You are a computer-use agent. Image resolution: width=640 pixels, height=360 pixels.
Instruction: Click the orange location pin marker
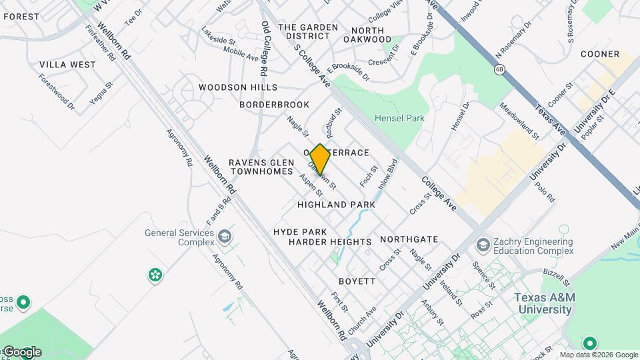320,159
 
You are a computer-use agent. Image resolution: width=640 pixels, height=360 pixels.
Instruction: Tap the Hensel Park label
399,118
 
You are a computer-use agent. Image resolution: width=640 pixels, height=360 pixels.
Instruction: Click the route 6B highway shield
499,69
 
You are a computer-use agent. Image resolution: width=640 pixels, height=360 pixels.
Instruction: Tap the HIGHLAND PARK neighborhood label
336,205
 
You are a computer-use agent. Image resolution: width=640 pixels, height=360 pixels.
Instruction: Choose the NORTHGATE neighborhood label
409,239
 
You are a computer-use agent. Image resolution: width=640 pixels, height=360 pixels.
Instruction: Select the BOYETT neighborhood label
357,281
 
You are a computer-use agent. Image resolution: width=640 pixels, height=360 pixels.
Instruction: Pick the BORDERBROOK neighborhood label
275,105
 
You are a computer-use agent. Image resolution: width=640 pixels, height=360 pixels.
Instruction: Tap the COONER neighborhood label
599,54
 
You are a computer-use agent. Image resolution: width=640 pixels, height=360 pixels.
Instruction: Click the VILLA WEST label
67,65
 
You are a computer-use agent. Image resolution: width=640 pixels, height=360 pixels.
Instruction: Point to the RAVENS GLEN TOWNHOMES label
261,167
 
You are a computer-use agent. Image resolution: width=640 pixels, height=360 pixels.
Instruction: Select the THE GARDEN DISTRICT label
308,33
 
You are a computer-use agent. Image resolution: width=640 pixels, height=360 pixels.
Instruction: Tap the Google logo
21,351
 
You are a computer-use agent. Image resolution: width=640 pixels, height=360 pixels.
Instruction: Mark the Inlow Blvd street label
387,175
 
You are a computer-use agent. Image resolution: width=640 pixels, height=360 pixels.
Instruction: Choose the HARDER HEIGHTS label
330,242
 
